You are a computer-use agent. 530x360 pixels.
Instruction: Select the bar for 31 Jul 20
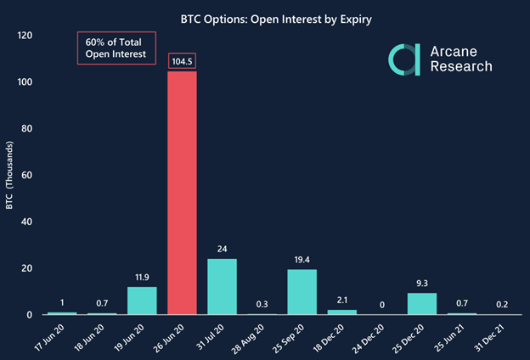pyautogui.click(x=222, y=287)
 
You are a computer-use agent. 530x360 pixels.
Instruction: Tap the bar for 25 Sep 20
pyautogui.click(x=302, y=292)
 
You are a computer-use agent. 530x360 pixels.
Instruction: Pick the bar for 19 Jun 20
pyautogui.click(x=142, y=301)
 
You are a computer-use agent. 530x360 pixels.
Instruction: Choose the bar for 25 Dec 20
pyautogui.click(x=422, y=304)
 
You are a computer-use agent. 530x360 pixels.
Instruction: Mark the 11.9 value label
pyautogui.click(x=142, y=276)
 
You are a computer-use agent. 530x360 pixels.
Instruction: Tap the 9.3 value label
pyautogui.click(x=422, y=282)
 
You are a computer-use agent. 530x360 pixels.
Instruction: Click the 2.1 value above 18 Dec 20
pyautogui.click(x=342, y=299)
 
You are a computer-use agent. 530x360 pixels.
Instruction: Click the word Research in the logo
pyautogui.click(x=459, y=67)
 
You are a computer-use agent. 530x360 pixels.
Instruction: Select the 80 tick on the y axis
pyautogui.click(x=25, y=129)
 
